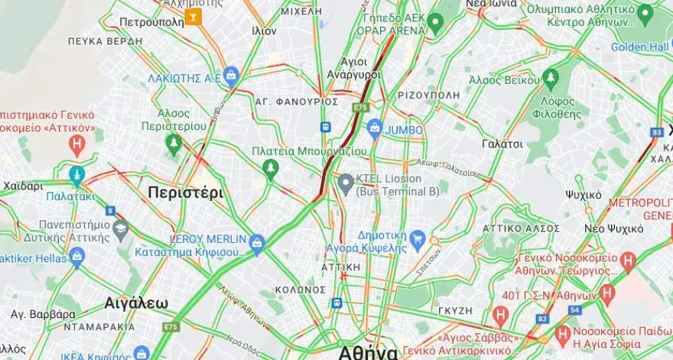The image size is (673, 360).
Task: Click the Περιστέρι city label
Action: [x=186, y=193]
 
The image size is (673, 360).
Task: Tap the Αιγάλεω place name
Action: [x=136, y=303]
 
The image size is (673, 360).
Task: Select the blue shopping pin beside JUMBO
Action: [x=374, y=128]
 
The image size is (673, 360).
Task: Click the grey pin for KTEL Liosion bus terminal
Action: [x=346, y=182]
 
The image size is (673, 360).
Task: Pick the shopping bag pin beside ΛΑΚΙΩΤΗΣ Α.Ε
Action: [x=231, y=75]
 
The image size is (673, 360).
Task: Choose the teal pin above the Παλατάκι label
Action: [x=76, y=176]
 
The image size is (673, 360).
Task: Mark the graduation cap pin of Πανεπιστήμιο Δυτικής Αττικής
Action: [x=120, y=228]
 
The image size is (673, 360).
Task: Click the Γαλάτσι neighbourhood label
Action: [x=502, y=144]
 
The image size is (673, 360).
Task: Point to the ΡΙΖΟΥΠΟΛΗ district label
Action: [x=428, y=95]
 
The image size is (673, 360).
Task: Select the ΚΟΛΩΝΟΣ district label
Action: [x=301, y=289]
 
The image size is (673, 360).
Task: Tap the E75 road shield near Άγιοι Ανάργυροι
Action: [x=361, y=109]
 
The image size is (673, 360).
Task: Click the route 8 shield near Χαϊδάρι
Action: [x=110, y=210]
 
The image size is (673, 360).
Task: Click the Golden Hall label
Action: [x=640, y=47]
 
